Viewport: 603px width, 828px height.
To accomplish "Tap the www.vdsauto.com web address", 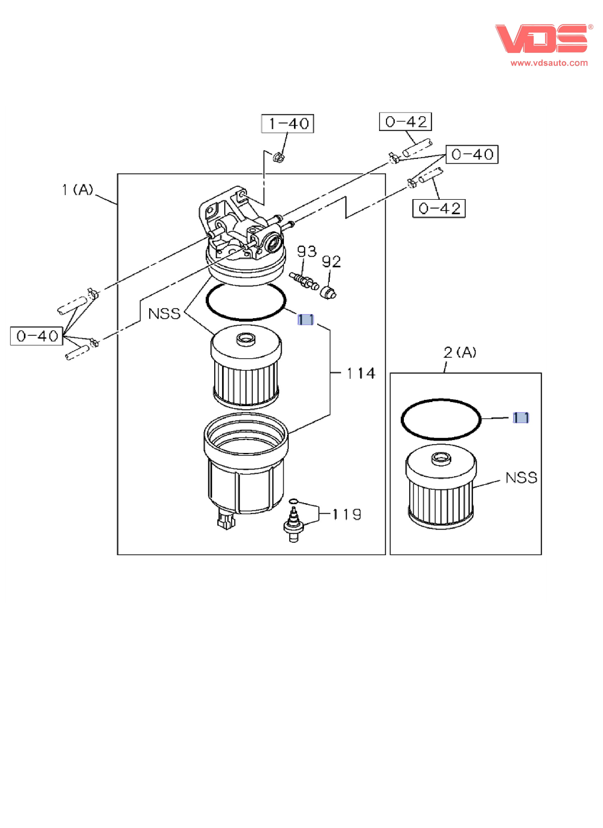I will [549, 63].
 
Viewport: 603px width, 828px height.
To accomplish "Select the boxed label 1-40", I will [287, 124].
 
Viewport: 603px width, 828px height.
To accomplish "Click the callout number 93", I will [306, 252].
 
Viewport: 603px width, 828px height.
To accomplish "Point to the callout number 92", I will [331, 262].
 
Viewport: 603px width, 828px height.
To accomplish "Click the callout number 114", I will [361, 373].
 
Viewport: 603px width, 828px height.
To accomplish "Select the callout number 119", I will [347, 515].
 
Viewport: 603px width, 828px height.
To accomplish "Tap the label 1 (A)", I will [78, 190].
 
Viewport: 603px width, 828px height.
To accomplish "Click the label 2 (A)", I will [459, 352].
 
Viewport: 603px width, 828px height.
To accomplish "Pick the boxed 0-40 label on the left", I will [36, 336].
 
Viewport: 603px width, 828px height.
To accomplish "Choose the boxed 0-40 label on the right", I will [472, 155].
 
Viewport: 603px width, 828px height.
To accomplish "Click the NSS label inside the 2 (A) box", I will [521, 478].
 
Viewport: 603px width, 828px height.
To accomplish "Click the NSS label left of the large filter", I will [164, 313].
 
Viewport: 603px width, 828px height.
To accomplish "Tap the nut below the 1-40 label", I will [279, 158].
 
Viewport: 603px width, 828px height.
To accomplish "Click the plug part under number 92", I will [328, 292].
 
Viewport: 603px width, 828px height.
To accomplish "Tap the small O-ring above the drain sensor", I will [293, 501].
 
